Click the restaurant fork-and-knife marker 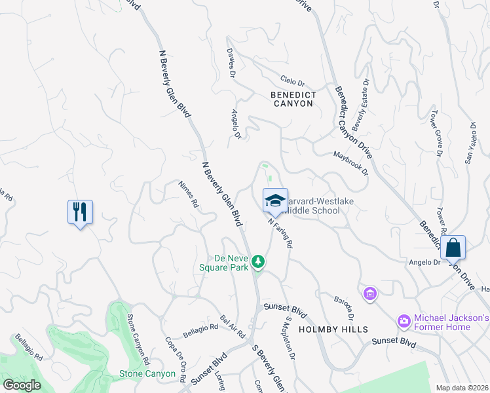80,212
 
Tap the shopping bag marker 453,248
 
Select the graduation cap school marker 276,201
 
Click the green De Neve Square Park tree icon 259,262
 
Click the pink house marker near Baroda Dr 370,293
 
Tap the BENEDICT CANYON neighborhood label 293,99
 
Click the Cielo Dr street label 293,83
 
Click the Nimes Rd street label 189,194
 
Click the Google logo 22,385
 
